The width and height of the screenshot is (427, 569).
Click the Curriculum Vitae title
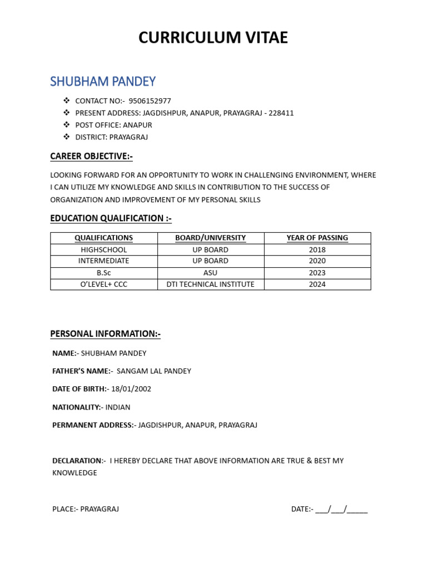tap(213, 38)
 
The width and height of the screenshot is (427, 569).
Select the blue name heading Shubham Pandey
tap(103, 82)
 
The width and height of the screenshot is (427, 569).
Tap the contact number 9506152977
tap(150, 101)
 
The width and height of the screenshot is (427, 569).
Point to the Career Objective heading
tap(91, 156)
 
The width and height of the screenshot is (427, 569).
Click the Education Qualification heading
tap(111, 218)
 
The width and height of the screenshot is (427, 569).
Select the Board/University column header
tap(210, 238)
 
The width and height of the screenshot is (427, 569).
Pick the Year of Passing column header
tap(317, 238)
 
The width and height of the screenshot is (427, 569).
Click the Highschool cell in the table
tap(103, 250)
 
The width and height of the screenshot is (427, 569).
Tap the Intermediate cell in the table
tap(103, 261)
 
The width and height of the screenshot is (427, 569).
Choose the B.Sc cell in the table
tap(103, 273)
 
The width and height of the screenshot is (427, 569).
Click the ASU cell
tap(210, 273)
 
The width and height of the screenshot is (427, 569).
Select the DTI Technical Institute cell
tap(210, 284)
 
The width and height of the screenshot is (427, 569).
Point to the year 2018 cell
tap(317, 250)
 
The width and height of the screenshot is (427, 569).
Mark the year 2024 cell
tap(317, 284)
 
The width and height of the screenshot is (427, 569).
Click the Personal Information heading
tap(105, 334)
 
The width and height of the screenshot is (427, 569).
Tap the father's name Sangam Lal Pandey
tap(154, 371)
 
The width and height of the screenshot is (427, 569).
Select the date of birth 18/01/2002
tap(131, 389)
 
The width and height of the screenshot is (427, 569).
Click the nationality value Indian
tap(117, 407)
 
